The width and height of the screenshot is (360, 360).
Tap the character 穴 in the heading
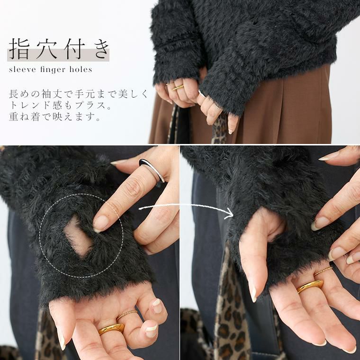[46, 49]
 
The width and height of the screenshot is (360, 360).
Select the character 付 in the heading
[73, 49]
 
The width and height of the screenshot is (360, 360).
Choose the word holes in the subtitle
[81, 69]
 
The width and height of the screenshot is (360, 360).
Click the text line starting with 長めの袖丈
[79, 94]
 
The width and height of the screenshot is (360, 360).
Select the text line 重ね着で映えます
[55, 117]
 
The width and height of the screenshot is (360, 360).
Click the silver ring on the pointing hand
[152, 170]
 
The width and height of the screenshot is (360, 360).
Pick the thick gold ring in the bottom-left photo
[111, 329]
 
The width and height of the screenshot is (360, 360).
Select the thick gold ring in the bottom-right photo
[310, 286]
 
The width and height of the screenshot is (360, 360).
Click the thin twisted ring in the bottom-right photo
[323, 271]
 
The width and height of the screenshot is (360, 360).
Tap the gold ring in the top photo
[178, 88]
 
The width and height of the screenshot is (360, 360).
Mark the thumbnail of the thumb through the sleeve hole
[253, 294]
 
